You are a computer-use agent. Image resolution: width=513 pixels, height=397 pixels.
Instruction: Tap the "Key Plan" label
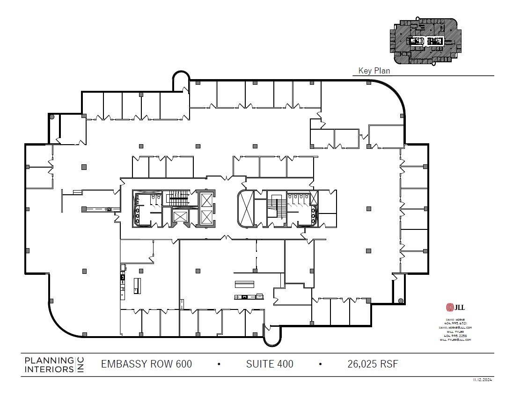(x=374, y=71)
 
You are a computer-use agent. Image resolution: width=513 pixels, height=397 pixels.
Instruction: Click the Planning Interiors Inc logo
(x=53, y=365)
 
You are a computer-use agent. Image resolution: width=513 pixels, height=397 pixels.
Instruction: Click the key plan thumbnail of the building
(x=426, y=41)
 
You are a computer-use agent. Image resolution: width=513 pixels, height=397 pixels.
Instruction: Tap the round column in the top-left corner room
(x=52, y=117)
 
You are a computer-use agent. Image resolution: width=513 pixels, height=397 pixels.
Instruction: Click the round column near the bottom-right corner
(x=401, y=301)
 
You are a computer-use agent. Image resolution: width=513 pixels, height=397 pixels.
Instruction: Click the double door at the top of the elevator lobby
(x=227, y=178)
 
